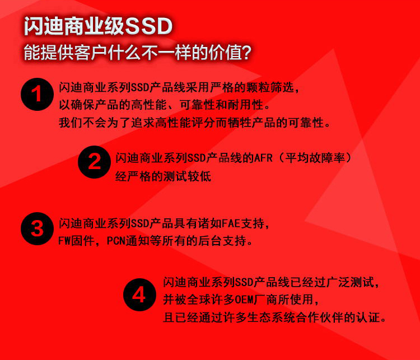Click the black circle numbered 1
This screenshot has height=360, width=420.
[37, 94]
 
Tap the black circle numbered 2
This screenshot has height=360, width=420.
[94, 162]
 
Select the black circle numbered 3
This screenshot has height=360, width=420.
[37, 229]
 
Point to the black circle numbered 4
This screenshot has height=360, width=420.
[139, 294]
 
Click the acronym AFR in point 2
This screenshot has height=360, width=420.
[263, 158]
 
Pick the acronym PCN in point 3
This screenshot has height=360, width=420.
[116, 241]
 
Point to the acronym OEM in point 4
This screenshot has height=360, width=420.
[244, 300]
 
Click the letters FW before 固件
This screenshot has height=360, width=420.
[64, 241]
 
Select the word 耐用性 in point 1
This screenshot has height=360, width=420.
[245, 105]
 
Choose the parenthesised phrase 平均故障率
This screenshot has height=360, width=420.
[315, 158]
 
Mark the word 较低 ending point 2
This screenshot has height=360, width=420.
[199, 176]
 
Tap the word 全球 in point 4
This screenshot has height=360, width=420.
[199, 300]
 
